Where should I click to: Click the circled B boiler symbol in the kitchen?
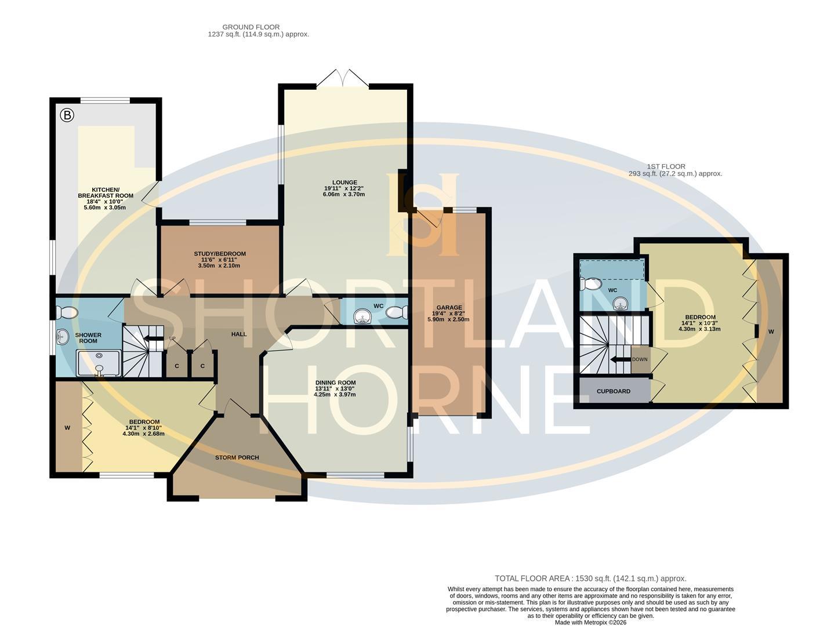pos(67,115)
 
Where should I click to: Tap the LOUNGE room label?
pos(344,183)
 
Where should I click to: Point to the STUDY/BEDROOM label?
pos(220,254)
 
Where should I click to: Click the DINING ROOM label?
pos(335,383)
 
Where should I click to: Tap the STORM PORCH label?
pos(237,457)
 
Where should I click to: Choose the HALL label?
pos(239,334)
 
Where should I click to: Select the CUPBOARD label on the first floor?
pos(614,391)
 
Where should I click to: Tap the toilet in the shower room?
pos(68,313)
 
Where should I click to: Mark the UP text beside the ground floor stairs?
pos(172,338)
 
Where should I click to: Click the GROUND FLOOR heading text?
pos(251,27)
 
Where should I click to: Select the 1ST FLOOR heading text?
pos(666,166)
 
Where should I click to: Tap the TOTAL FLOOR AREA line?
pos(590,578)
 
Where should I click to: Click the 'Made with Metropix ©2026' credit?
pos(590,623)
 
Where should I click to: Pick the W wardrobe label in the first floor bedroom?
pos(771,332)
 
